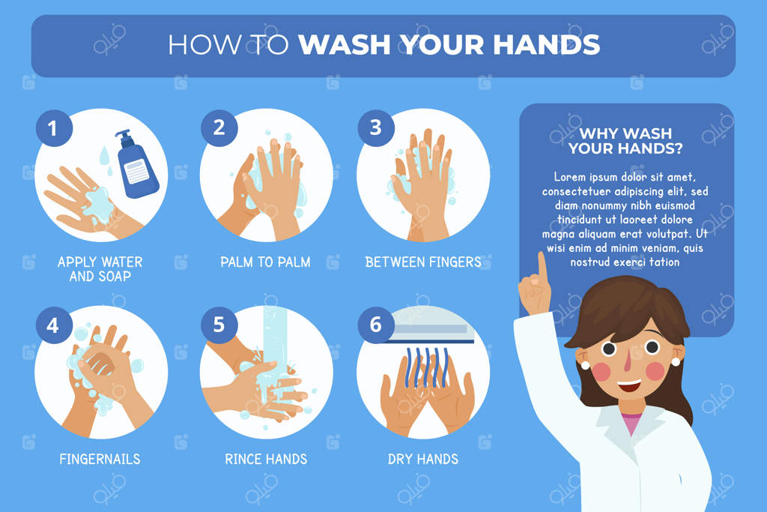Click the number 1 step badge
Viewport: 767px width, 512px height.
pos(54,128)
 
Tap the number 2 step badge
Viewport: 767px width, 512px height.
pos(219,127)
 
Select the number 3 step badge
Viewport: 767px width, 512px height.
pos(376,127)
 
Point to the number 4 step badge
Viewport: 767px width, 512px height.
pos(54,325)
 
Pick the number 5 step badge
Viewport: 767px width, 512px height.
pos(219,325)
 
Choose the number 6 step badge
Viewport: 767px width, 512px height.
pos(376,325)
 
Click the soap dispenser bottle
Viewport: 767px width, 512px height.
pos(136,164)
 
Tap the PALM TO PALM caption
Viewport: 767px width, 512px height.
pos(265,262)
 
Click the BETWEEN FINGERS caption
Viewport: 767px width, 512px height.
pos(423,262)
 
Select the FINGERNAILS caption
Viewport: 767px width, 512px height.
pos(100,459)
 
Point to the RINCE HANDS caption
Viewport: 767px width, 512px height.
pos(266,459)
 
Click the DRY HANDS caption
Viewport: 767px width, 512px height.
pos(423,459)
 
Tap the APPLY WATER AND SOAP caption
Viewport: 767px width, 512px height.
pos(100,269)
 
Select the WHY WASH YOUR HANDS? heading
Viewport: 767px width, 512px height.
pos(625,140)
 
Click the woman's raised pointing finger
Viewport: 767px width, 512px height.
pos(542,267)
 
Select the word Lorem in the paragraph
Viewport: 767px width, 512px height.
pos(569,177)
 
